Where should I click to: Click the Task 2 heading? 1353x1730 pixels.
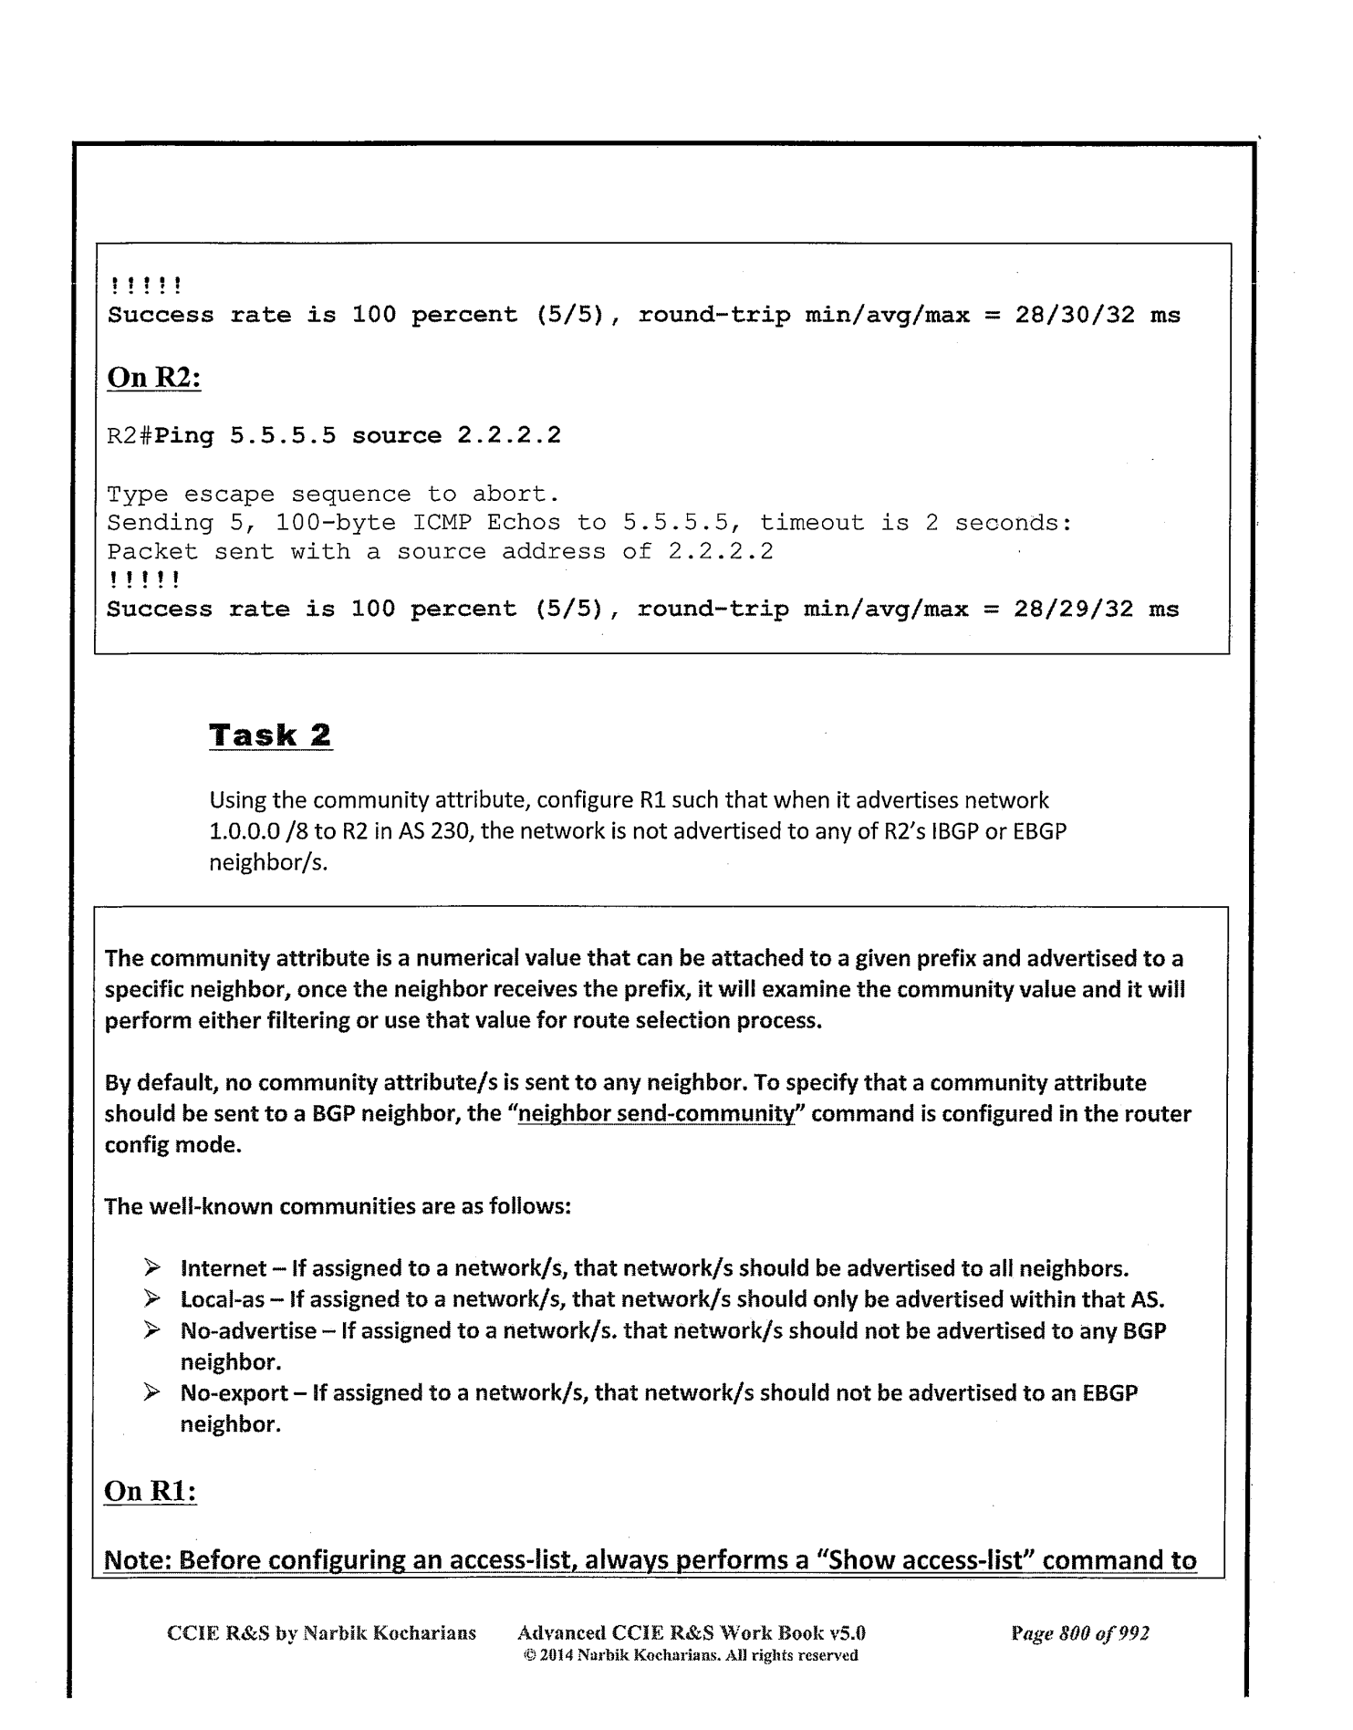point(271,735)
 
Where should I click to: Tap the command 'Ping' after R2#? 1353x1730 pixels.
point(185,436)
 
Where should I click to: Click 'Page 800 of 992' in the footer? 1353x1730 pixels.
point(1080,1632)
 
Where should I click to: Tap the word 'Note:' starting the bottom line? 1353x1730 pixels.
point(139,1559)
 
